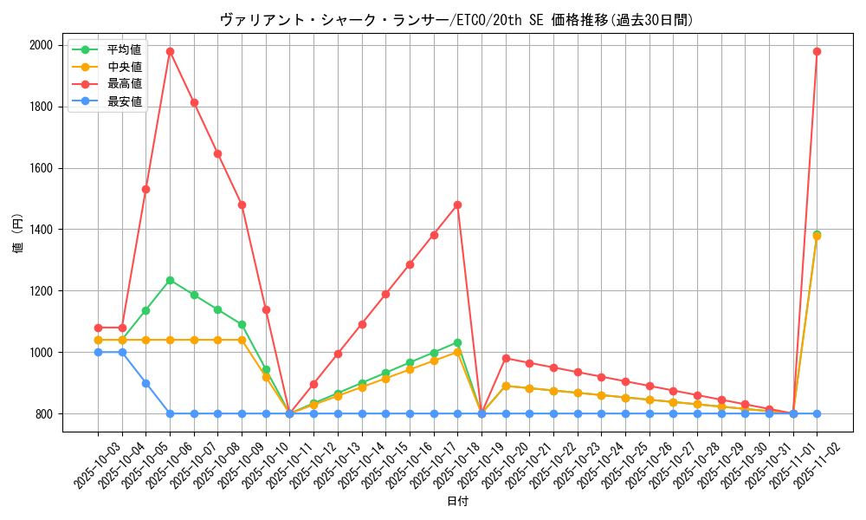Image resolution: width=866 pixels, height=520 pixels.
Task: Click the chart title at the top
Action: (456, 20)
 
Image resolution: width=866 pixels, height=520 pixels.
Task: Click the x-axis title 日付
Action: (457, 502)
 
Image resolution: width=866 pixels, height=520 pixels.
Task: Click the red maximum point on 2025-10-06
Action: (170, 51)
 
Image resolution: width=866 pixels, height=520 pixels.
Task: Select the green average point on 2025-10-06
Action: (170, 280)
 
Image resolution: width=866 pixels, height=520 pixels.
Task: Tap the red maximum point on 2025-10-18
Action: (457, 205)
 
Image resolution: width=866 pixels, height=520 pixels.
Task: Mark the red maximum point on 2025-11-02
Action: (817, 51)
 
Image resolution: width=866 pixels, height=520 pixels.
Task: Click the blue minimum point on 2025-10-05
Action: (145, 383)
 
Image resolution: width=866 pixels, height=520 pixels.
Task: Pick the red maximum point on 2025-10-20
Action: (506, 358)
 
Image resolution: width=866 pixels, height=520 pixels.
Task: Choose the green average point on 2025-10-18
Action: (457, 343)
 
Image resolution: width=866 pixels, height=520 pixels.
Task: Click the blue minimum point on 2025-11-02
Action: (817, 413)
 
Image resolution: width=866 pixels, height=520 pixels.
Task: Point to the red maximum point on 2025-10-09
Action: (242, 205)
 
